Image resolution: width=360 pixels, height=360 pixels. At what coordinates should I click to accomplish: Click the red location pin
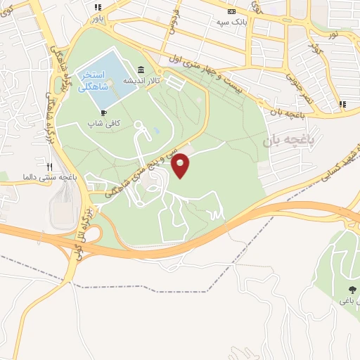pos(181,165)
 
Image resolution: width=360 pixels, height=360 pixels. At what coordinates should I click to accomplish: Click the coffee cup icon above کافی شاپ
pos(104,112)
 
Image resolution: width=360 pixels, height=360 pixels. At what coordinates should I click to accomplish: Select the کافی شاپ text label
pos(104,122)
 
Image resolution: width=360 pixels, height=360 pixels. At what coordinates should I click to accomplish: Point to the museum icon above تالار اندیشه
pos(142,70)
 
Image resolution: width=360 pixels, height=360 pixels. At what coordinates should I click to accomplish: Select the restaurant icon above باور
pos(97,6)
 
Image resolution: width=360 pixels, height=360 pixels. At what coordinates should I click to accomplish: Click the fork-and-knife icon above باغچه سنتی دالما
pos(49,167)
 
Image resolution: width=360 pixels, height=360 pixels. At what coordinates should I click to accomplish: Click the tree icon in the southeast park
pos(351,290)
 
